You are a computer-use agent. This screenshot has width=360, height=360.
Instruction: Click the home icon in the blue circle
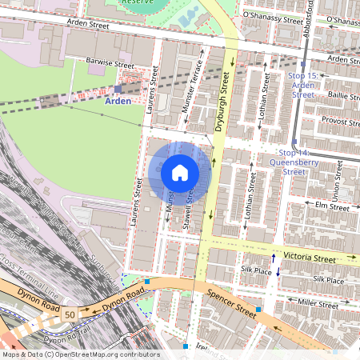180,173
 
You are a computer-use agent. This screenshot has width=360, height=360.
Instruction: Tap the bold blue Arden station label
118,102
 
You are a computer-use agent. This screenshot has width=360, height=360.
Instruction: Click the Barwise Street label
112,62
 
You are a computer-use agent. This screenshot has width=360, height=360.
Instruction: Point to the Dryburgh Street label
223,102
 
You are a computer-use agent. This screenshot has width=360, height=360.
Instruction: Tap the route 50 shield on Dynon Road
70,315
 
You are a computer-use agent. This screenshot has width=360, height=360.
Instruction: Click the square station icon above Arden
118,89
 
